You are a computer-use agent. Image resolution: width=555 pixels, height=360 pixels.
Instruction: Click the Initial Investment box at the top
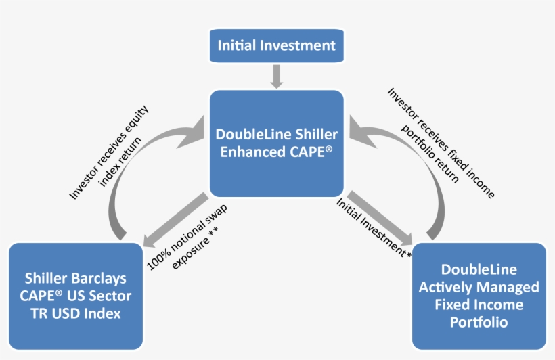(276, 46)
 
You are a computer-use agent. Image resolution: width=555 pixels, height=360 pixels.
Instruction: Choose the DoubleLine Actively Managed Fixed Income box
(479, 296)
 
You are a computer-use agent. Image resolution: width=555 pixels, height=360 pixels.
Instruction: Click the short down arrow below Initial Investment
(276, 76)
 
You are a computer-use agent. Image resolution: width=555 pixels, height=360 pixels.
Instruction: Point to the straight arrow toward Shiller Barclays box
(176, 217)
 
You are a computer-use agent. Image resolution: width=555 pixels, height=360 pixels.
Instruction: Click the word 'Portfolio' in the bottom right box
(479, 322)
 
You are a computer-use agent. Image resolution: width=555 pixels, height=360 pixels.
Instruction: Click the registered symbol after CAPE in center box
(329, 148)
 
